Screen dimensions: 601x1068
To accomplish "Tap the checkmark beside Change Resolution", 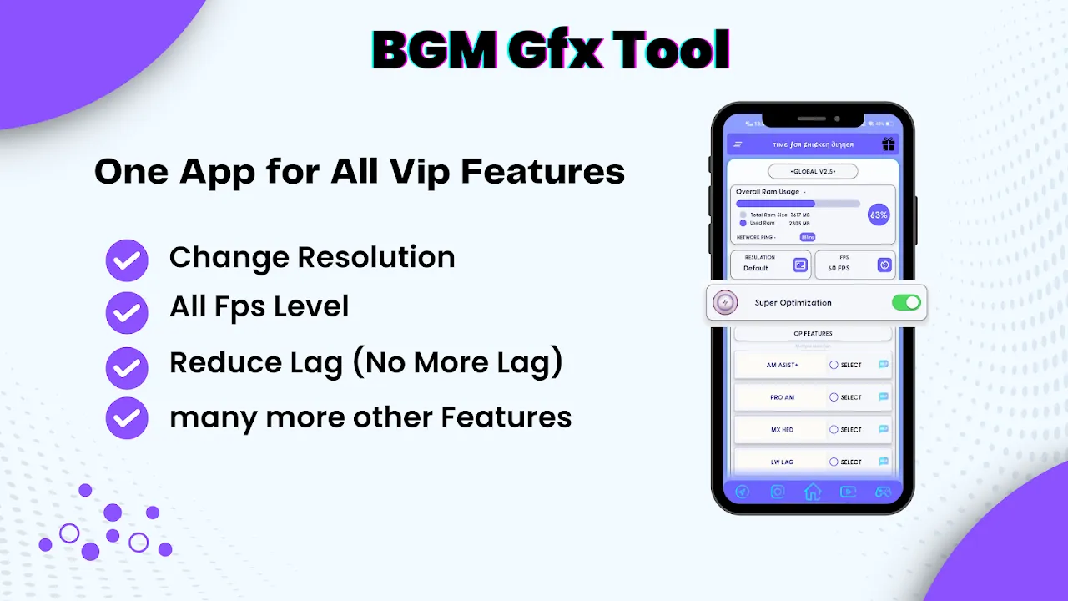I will click(x=127, y=261).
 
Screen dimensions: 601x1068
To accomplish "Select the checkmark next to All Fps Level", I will click(x=127, y=313).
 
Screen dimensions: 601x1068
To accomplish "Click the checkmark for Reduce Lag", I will click(x=127, y=366).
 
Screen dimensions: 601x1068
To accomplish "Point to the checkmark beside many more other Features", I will click(x=127, y=418).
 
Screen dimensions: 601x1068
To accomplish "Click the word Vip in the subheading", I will click(x=421, y=172).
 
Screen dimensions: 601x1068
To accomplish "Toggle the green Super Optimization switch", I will click(x=906, y=302).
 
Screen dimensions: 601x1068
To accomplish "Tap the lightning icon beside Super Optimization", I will click(x=726, y=303).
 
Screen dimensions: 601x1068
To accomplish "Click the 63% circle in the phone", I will click(x=879, y=215).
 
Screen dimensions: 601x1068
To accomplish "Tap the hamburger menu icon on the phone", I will click(x=738, y=144).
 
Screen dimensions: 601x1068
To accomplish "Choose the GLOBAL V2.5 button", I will click(x=812, y=171).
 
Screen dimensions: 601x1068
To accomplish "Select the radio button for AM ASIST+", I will click(x=834, y=365).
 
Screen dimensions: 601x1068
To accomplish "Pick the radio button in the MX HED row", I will click(x=834, y=430).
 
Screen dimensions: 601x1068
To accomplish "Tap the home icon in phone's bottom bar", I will click(x=812, y=492).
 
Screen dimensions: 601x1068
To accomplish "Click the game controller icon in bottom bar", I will click(x=883, y=492).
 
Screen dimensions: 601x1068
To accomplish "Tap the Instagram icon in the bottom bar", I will click(x=778, y=492).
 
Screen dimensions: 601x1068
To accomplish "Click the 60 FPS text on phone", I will click(x=839, y=269).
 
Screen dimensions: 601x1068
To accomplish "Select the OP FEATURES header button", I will click(x=812, y=333).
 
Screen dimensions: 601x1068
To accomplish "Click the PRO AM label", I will click(x=782, y=397).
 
